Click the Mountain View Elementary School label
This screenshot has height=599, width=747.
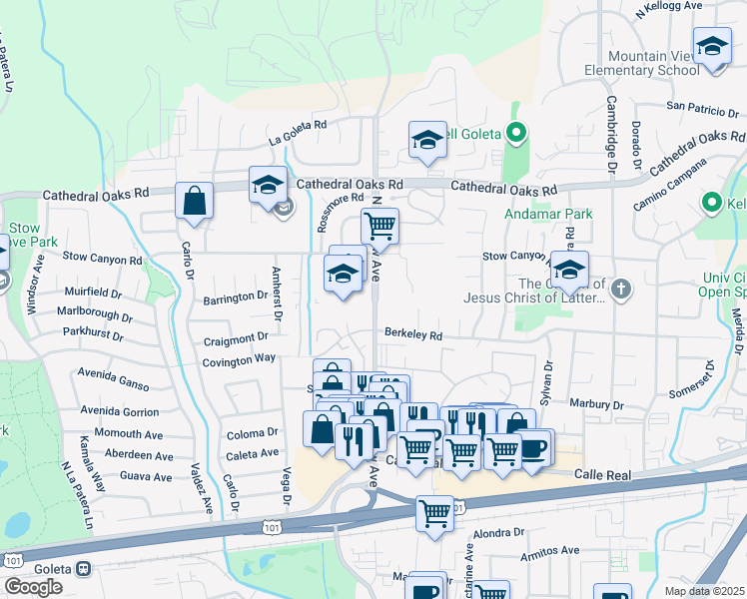pos(639,63)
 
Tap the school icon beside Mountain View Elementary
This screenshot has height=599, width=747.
pos(712,48)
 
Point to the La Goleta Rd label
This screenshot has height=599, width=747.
pos(297,125)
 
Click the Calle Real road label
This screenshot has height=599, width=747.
pos(602,476)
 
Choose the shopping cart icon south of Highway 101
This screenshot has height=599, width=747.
pos(434,514)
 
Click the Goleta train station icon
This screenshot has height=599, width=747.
pos(83,568)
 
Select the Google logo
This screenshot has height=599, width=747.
pos(33,586)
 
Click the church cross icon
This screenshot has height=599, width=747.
pos(620,290)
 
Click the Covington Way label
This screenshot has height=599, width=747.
pos(240,358)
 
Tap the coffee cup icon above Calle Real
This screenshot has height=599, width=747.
pos(533,448)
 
